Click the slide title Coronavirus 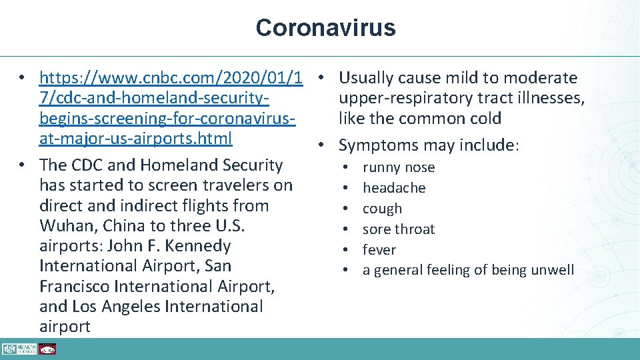coord(325,28)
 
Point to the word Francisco coord(75,287)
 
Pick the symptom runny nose coord(398,167)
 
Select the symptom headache coord(393,188)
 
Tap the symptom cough coord(382,209)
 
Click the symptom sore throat coord(398,229)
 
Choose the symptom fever coord(379,250)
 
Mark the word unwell coord(551,270)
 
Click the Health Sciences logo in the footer coord(19,349)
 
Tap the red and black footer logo coord(47,349)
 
